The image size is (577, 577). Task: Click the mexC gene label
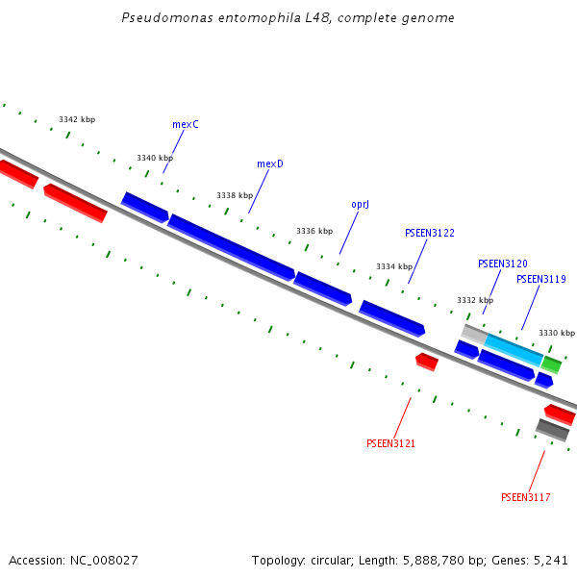tap(186, 124)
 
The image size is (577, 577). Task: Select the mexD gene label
tap(270, 163)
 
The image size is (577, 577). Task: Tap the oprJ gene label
tap(361, 204)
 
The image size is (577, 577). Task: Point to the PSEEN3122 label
tap(430, 233)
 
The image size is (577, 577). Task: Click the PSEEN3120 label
tap(502, 263)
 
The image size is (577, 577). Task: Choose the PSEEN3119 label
tap(540, 279)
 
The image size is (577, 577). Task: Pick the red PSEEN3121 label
tap(390, 443)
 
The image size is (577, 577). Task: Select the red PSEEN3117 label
tap(525, 497)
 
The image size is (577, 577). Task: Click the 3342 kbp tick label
tap(77, 119)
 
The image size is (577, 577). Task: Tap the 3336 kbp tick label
tap(314, 231)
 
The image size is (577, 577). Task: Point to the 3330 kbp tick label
tap(556, 333)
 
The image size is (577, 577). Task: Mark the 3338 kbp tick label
tap(235, 194)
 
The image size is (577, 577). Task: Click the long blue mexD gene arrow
tap(231, 247)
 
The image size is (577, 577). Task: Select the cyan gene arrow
tap(514, 349)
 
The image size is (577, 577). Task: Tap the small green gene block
tap(551, 364)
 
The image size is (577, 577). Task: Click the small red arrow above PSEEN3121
tap(427, 362)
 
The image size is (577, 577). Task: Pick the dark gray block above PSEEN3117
tap(553, 430)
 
